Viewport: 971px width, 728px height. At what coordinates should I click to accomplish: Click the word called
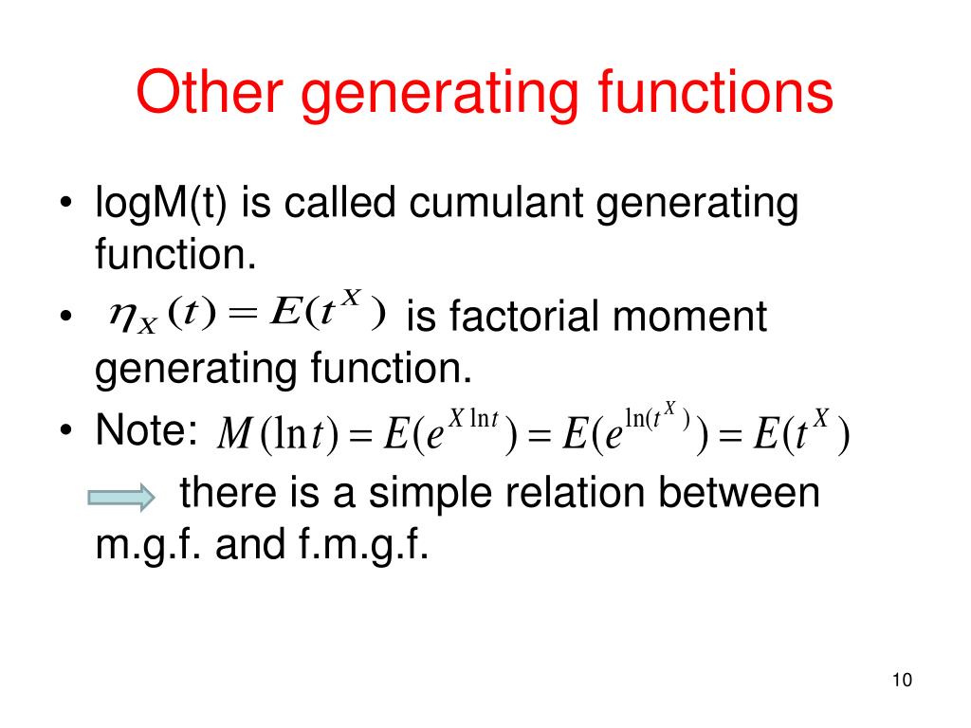(356, 205)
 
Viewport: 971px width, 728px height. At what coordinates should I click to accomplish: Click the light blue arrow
(120, 496)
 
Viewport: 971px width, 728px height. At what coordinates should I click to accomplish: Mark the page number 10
(902, 681)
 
